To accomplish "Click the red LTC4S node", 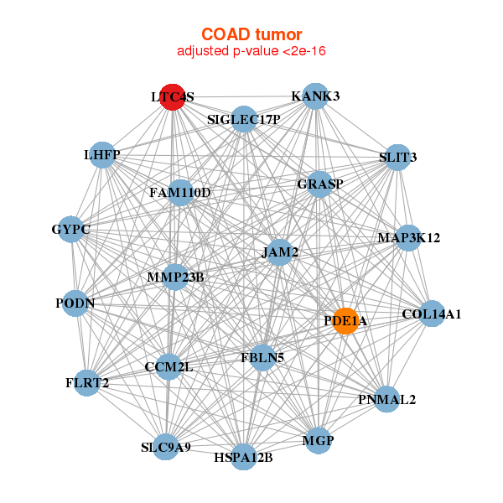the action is pos(173,97).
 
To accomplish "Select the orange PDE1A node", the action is pos(345,321).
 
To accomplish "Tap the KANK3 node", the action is pos(315,96).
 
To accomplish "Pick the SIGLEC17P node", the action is pos(244,119).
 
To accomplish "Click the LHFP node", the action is pos(102,155).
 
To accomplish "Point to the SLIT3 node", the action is pos(397,158).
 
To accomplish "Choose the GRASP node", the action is pos(319,184).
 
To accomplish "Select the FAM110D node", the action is pos(180,193).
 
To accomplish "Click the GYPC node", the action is pos(71,230).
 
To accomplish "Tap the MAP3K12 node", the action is pos(408,238).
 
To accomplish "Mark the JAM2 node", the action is pos(280,252).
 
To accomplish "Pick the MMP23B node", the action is pos(175,277).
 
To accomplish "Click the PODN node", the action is pos(75,303).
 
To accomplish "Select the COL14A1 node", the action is pos(432,314).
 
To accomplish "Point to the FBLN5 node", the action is pos(262,358).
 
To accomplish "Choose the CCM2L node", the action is pos(169,367).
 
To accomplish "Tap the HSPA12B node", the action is pos(243,457).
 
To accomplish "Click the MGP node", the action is pos(318,441).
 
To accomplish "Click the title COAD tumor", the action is pos(251,34).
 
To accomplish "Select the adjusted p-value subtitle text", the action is pos(251,51).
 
